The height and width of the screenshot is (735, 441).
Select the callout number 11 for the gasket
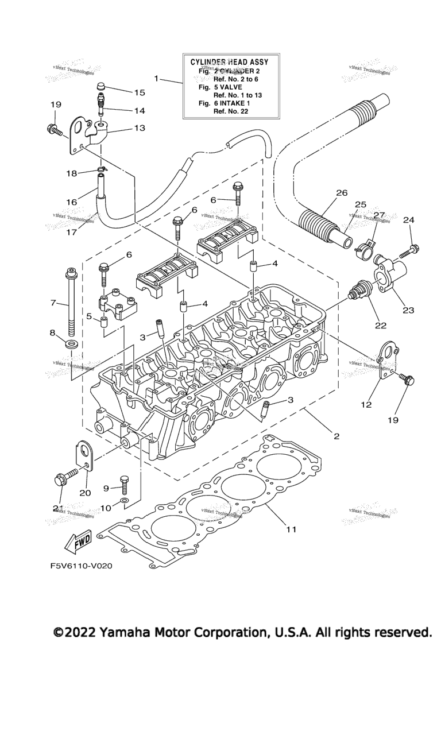click(291, 529)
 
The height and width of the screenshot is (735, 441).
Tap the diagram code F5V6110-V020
click(81, 566)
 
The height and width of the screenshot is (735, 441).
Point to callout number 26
click(342, 193)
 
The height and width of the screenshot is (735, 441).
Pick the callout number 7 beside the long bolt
click(53, 303)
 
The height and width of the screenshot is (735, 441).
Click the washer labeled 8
click(71, 344)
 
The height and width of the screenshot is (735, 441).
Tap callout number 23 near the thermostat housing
click(408, 310)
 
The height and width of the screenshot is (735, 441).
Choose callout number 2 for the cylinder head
click(336, 436)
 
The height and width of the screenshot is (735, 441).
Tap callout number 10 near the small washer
click(106, 508)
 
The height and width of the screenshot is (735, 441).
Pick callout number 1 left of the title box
click(156, 78)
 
